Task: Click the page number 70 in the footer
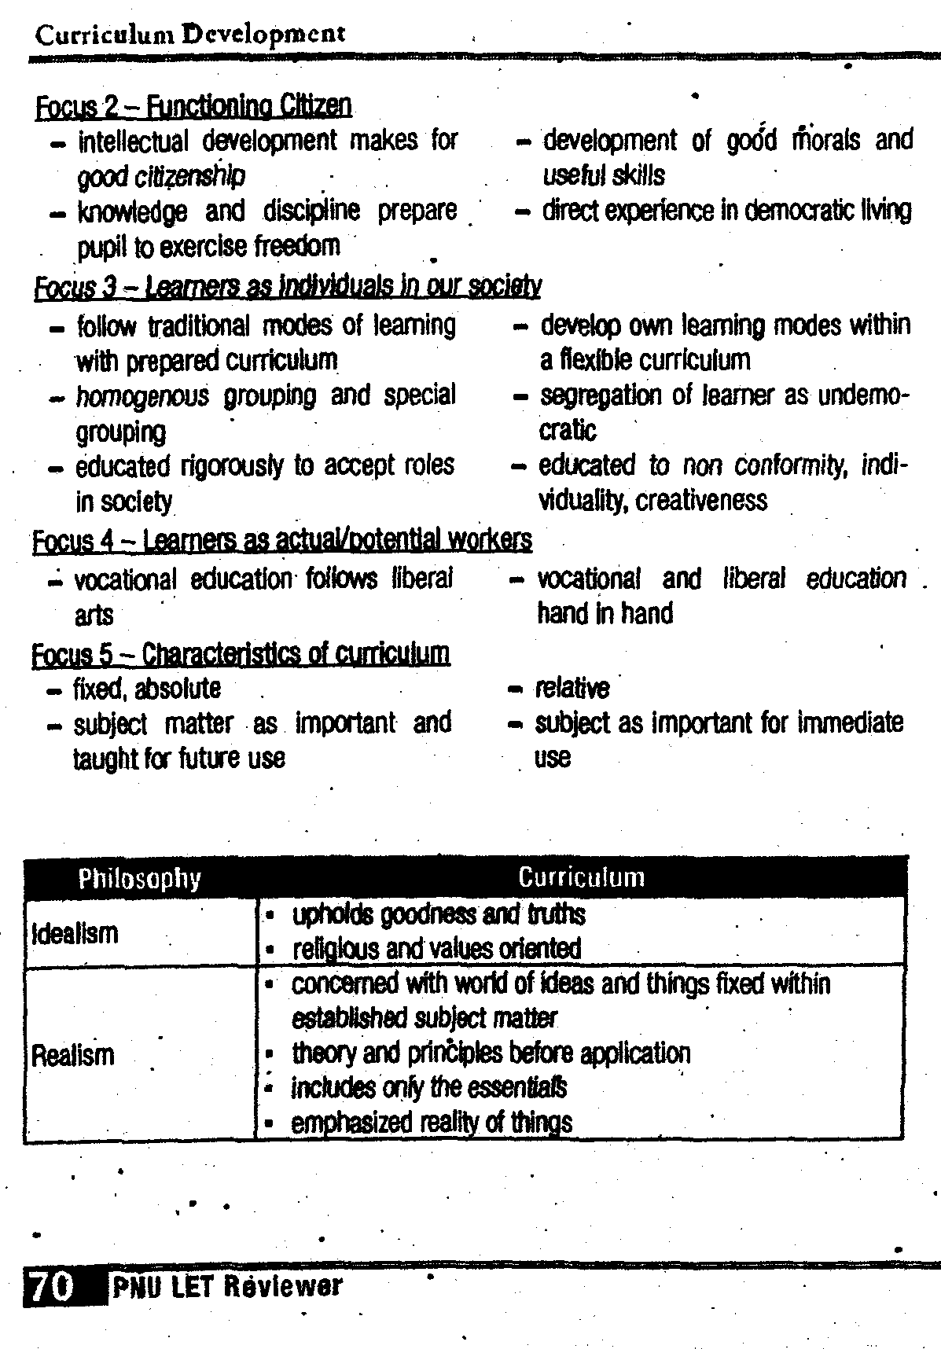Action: [x=51, y=1285]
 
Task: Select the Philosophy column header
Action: [x=140, y=878]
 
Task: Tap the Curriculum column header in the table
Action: [x=582, y=877]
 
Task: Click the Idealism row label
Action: [x=75, y=934]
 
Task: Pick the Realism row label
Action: [x=72, y=1054]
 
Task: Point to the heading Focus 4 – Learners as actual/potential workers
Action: [x=281, y=540]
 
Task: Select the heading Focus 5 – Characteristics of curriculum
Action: [x=241, y=653]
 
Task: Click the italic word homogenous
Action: [x=142, y=395]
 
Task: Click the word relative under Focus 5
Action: [x=572, y=689]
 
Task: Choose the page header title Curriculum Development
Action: [x=190, y=34]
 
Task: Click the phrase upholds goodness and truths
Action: [x=439, y=914]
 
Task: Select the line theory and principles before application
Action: [x=491, y=1053]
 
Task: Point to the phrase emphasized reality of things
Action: [x=432, y=1123]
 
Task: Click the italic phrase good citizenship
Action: [x=161, y=175]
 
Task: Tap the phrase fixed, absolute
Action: [x=147, y=689]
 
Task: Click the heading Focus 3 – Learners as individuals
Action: [x=288, y=285]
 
